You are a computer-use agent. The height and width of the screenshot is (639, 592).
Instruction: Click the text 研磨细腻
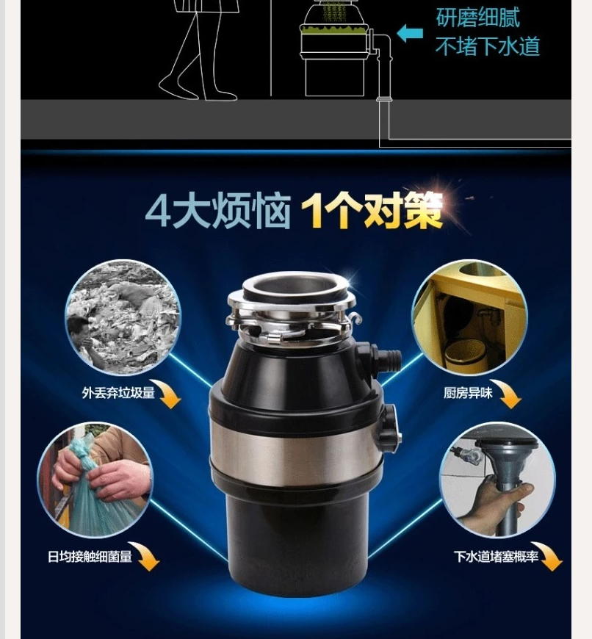[477, 17]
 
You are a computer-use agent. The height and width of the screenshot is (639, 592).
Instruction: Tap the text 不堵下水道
[487, 46]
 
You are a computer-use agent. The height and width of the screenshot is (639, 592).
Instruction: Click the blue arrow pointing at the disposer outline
[409, 33]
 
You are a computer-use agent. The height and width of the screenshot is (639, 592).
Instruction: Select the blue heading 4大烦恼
[218, 211]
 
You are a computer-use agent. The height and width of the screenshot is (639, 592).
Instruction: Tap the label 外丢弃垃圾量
[118, 392]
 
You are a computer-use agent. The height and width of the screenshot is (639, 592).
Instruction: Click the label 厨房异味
[468, 392]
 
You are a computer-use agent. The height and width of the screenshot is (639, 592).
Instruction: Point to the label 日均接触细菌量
[90, 556]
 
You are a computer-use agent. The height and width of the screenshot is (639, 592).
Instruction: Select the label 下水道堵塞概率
[497, 556]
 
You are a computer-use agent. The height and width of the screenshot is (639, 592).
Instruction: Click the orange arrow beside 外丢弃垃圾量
[170, 394]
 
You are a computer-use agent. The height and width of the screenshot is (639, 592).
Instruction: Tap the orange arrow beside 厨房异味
[509, 394]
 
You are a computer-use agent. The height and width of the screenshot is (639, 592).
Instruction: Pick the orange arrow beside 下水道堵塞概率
[549, 556]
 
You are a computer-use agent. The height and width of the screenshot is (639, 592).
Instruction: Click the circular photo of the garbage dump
[123, 317]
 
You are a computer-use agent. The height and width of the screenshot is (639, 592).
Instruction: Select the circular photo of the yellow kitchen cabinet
[470, 317]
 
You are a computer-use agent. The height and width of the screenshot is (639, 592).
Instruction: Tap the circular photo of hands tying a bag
[95, 480]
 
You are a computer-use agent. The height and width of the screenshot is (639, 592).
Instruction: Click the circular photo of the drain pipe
[497, 480]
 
